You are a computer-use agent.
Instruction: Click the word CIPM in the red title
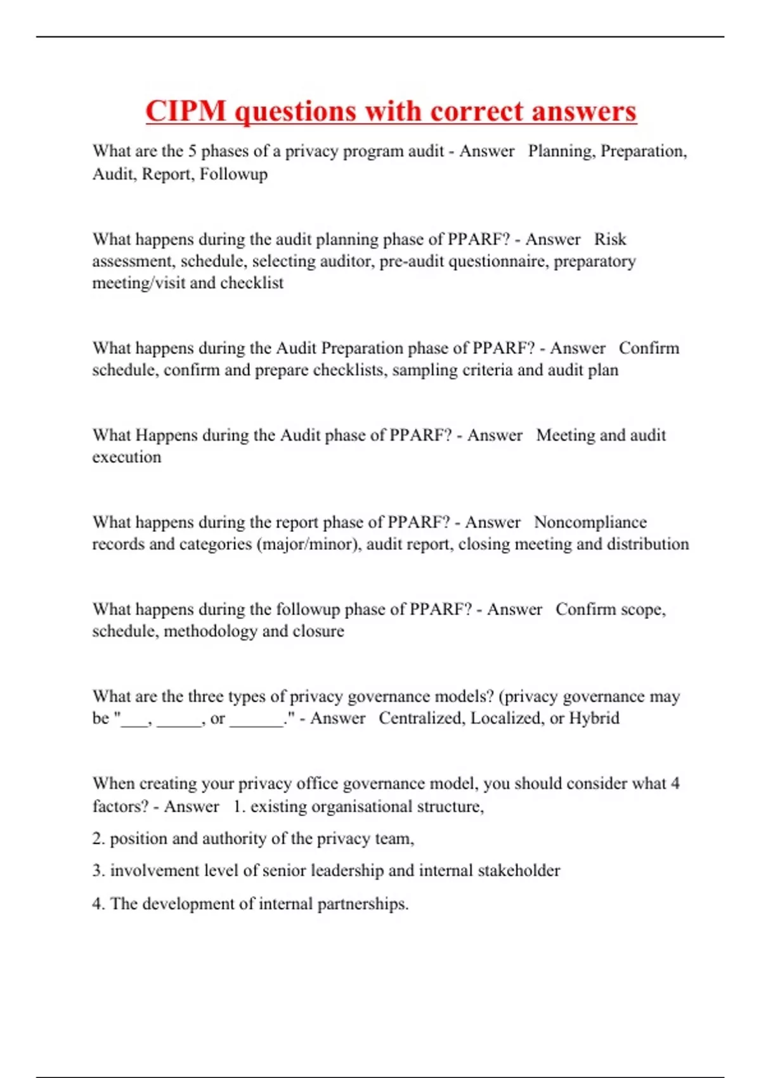(186, 112)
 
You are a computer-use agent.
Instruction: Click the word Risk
(610, 239)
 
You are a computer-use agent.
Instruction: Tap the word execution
(127, 457)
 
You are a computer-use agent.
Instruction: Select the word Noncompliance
(590, 523)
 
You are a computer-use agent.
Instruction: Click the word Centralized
(420, 718)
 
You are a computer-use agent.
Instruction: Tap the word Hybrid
(594, 718)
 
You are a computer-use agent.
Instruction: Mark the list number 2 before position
(98, 839)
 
